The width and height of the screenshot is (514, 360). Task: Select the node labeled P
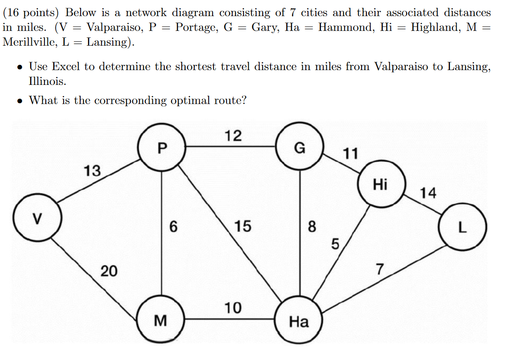pyautogui.click(x=162, y=148)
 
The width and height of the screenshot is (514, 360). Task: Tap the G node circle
pyautogui.click(x=300, y=148)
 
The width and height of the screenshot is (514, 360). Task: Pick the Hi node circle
pyautogui.click(x=380, y=184)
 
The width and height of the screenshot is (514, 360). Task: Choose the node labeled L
pyautogui.click(x=462, y=228)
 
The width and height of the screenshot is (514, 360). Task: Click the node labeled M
pyautogui.click(x=161, y=320)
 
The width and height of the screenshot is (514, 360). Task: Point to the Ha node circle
pyautogui.click(x=299, y=322)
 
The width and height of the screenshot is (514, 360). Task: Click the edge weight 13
pyautogui.click(x=92, y=171)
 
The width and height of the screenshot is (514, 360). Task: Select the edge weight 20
pyautogui.click(x=109, y=271)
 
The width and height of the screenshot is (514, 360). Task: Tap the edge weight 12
pyautogui.click(x=233, y=135)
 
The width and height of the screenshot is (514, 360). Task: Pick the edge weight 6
pyautogui.click(x=173, y=226)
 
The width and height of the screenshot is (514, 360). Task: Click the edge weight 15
pyautogui.click(x=243, y=226)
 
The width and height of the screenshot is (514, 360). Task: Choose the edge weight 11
pyautogui.click(x=351, y=153)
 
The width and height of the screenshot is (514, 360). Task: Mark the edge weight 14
pyautogui.click(x=428, y=192)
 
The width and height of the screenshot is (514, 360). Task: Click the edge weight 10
pyautogui.click(x=233, y=307)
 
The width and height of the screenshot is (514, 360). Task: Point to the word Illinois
pyautogui.click(x=47, y=81)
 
